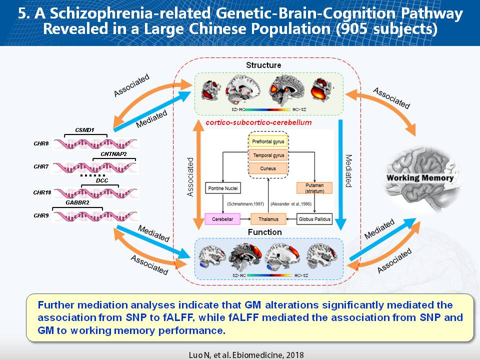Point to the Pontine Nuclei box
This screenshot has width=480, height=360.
pos(223,188)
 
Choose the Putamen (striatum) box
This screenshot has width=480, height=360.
pos(314,188)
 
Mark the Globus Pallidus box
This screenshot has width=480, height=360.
pos(314,219)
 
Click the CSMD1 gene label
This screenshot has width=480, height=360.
pos(84,130)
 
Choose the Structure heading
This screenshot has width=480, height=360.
pos(263,65)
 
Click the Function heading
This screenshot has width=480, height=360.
pos(264,232)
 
